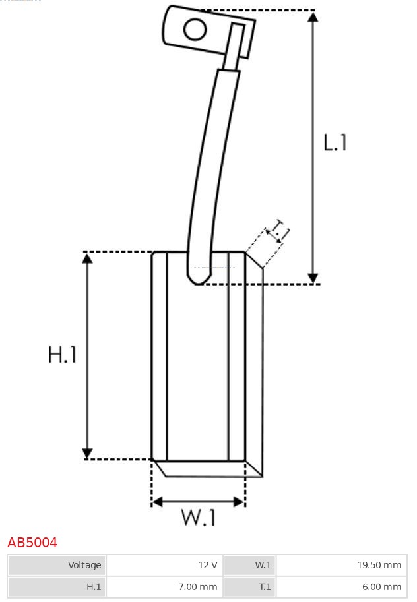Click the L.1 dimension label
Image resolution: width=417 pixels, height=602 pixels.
[335, 142]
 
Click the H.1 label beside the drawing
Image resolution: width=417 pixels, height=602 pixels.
[62, 354]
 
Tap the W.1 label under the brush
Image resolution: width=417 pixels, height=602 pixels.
[199, 517]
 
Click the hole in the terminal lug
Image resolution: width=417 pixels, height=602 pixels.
[195, 30]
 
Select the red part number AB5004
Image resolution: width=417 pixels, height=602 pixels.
[32, 543]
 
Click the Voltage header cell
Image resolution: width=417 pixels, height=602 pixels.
[57, 565]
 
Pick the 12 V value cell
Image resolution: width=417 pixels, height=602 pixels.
[164, 565]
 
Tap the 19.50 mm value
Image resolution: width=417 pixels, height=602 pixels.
[379, 565]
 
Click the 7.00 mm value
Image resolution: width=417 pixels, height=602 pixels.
[198, 587]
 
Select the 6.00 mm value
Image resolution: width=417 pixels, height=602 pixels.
[381, 587]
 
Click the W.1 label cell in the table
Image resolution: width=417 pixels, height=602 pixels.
[250, 565]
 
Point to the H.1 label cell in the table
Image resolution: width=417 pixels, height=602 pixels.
[57, 587]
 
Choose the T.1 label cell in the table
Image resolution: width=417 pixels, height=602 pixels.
[250, 587]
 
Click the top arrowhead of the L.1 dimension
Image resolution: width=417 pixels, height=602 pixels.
[313, 16]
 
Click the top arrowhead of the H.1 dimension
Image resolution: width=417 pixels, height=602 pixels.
[88, 258]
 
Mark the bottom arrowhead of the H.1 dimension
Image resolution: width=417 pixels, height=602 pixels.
[88, 453]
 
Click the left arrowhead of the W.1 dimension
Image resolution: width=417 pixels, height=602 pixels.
[158, 501]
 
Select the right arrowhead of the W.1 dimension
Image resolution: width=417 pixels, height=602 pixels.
[239, 501]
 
